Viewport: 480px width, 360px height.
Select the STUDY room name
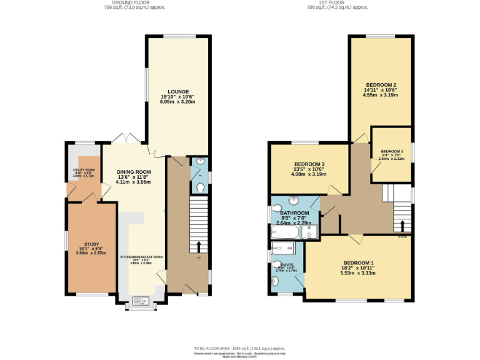tap(91, 244)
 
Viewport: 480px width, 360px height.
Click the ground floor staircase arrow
tap(199, 245)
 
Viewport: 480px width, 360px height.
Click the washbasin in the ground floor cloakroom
tap(199, 164)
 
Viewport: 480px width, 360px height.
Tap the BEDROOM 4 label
tap(392, 151)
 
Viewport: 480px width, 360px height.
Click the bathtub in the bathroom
tap(285, 232)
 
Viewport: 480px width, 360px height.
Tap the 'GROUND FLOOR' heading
tap(121, 2)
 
